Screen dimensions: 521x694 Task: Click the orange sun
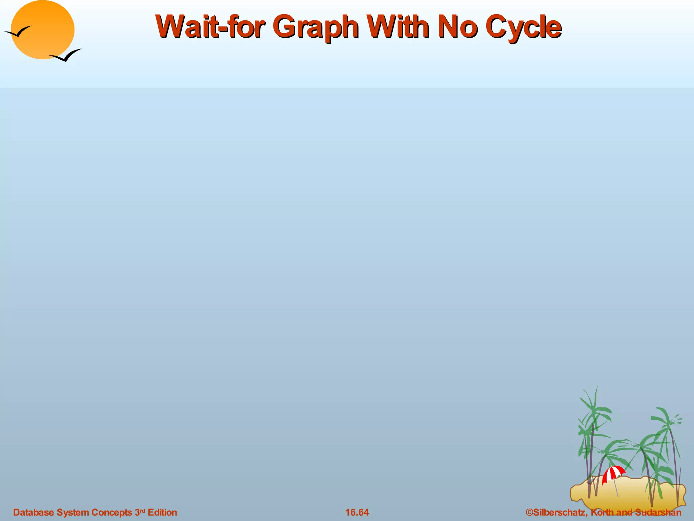pos(42,30)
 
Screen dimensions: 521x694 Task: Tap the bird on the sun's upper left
pos(18,32)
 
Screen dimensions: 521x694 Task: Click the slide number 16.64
pos(357,512)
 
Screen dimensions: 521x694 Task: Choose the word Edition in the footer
pos(162,512)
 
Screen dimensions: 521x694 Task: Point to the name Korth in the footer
pos(602,512)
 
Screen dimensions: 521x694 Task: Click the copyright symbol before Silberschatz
pos(529,512)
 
